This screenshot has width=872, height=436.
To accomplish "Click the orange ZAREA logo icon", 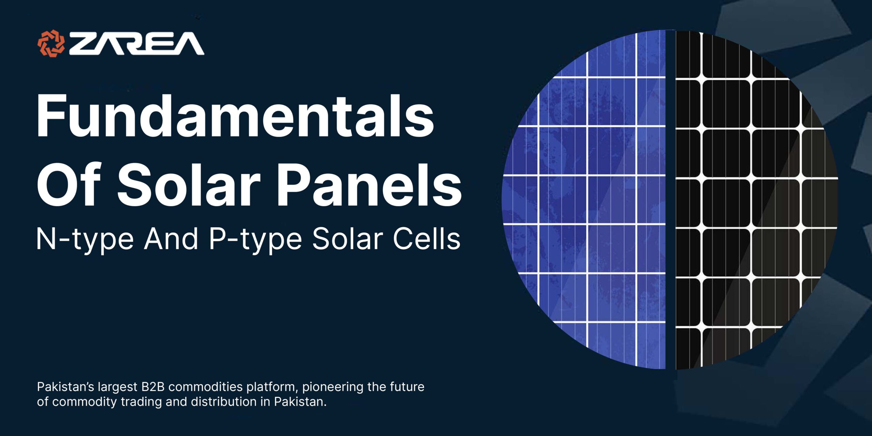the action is tap(51, 43).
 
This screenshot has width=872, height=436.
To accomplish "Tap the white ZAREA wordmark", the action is tap(137, 44).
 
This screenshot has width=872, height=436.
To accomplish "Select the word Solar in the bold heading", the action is tap(189, 184).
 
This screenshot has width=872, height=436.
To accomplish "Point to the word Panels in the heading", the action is tap(370, 184).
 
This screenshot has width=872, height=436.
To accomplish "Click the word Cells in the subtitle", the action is tap(426, 239).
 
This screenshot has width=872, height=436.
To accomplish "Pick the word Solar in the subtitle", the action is tap(347, 239).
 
